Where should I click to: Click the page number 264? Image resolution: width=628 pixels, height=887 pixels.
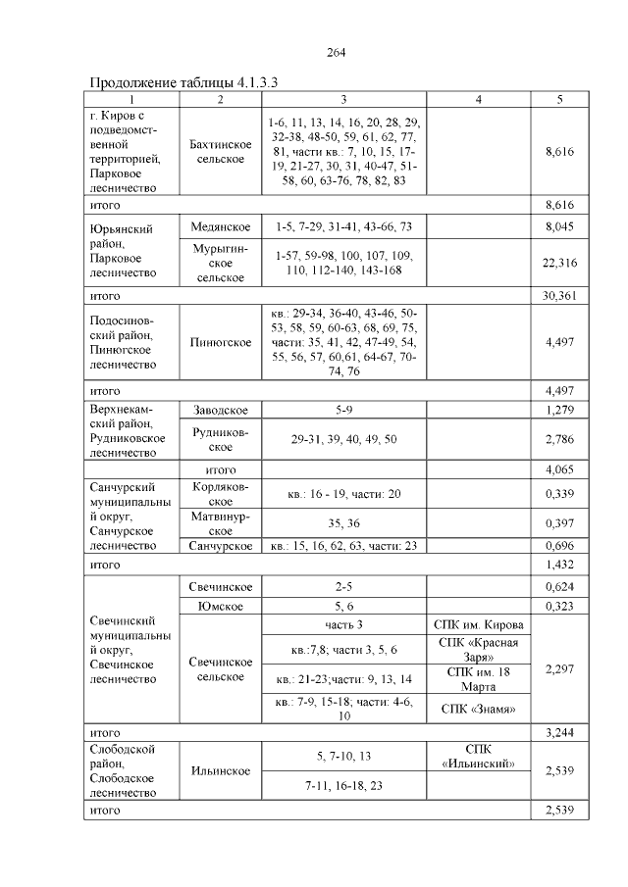tap(336, 52)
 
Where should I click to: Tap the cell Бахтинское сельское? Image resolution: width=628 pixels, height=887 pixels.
tap(221, 152)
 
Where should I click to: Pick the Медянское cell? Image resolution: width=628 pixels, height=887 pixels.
tap(221, 227)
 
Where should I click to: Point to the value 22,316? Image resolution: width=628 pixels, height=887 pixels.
tap(558, 263)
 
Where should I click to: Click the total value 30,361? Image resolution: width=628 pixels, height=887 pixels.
tap(558, 295)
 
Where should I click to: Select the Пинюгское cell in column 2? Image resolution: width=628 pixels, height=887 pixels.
tap(221, 342)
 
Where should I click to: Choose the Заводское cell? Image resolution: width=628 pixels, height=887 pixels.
tap(221, 410)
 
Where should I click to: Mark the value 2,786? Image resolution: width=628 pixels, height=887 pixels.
tap(558, 440)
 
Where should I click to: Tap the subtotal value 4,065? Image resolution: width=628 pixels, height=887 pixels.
tap(558, 469)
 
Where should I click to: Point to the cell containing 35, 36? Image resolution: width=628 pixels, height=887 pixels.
tap(343, 523)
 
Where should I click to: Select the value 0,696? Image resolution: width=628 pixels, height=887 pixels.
tap(558, 546)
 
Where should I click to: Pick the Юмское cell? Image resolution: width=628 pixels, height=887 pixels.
tap(221, 607)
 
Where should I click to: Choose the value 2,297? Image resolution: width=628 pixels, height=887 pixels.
tap(558, 669)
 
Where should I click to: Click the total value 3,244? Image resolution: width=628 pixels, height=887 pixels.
tap(558, 732)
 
